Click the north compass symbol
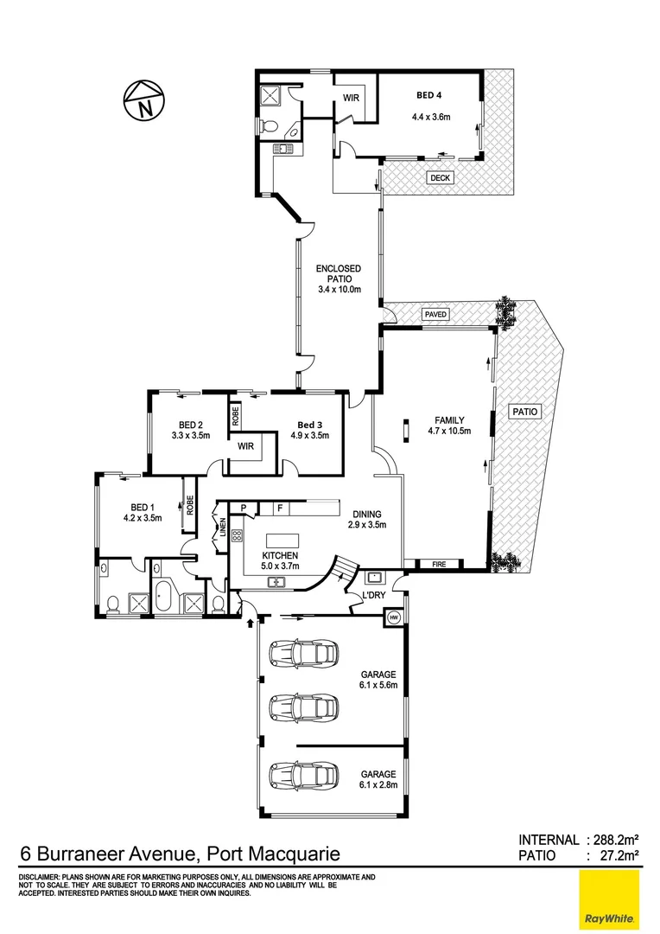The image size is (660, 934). coord(143,100)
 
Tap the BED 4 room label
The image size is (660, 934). coord(428,95)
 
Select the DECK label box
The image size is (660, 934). coord(440,177)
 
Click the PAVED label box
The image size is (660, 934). coord(435,314)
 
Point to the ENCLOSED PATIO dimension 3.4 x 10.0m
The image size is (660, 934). coord(340,290)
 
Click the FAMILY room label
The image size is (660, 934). coord(449,420)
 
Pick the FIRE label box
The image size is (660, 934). coord(439,564)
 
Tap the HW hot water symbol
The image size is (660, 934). coord(393,618)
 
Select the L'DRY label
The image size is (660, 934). coord(374,594)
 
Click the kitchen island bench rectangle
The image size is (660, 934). coord(282,541)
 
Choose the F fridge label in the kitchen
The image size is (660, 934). coord(280,509)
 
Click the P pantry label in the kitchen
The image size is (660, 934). coord(244,509)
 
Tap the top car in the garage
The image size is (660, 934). coord(303,653)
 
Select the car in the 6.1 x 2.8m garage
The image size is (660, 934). coord(303,775)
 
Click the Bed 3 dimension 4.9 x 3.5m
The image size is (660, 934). coord(309,435)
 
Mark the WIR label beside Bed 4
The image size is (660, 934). coord(351,98)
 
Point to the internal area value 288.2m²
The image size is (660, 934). coord(613,840)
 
